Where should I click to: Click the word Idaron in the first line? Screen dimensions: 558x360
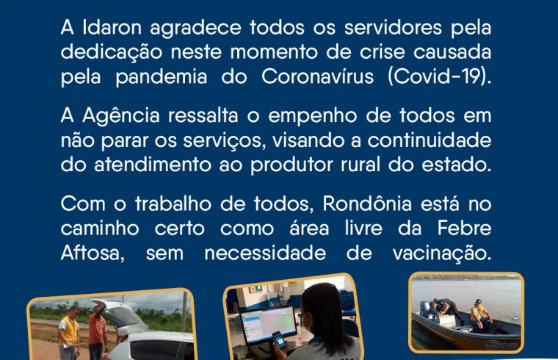click(x=112, y=27)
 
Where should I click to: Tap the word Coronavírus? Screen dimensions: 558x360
click(x=317, y=76)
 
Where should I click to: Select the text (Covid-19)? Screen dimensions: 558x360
click(x=440, y=76)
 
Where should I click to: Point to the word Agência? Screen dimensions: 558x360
click(x=121, y=115)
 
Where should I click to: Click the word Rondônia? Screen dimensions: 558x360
click(x=367, y=204)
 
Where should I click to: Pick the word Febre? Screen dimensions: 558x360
click(x=464, y=228)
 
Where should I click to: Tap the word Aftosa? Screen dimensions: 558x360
click(x=93, y=253)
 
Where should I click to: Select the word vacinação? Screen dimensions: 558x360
click(x=442, y=253)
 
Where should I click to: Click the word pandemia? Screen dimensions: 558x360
click(x=162, y=77)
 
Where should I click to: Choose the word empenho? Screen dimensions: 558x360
click(x=313, y=117)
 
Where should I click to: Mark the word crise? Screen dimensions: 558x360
click(x=383, y=52)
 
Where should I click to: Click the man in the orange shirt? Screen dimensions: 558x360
click(x=97, y=331)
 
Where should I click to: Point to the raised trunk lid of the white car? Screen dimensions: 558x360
click(x=117, y=314)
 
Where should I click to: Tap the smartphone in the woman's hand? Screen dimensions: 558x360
click(x=279, y=339)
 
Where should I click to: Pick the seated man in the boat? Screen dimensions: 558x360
click(x=479, y=315)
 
